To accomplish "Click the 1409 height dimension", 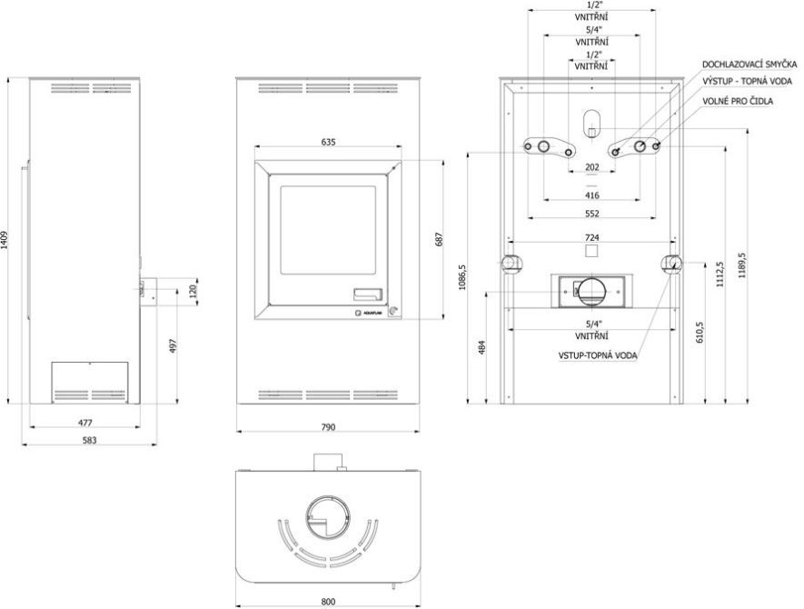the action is [5, 240].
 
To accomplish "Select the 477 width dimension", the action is [85, 423].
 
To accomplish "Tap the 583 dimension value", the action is [89, 440].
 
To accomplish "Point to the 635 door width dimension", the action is [328, 142].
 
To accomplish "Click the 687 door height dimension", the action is [439, 240].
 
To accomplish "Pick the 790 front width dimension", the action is [328, 427].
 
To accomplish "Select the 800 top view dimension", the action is [328, 602].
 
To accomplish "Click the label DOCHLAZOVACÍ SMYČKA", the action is [749, 65].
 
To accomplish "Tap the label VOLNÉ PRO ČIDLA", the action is [738, 101].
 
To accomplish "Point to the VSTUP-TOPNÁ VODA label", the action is [598, 355].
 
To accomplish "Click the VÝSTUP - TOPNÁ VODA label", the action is [747, 81].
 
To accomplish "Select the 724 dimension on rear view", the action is [591, 237].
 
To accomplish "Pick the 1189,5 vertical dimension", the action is [742, 265].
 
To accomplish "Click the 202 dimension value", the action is [591, 167].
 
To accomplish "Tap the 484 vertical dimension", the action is [481, 347].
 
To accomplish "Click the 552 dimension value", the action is [591, 214].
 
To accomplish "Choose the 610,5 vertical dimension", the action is [700, 332].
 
